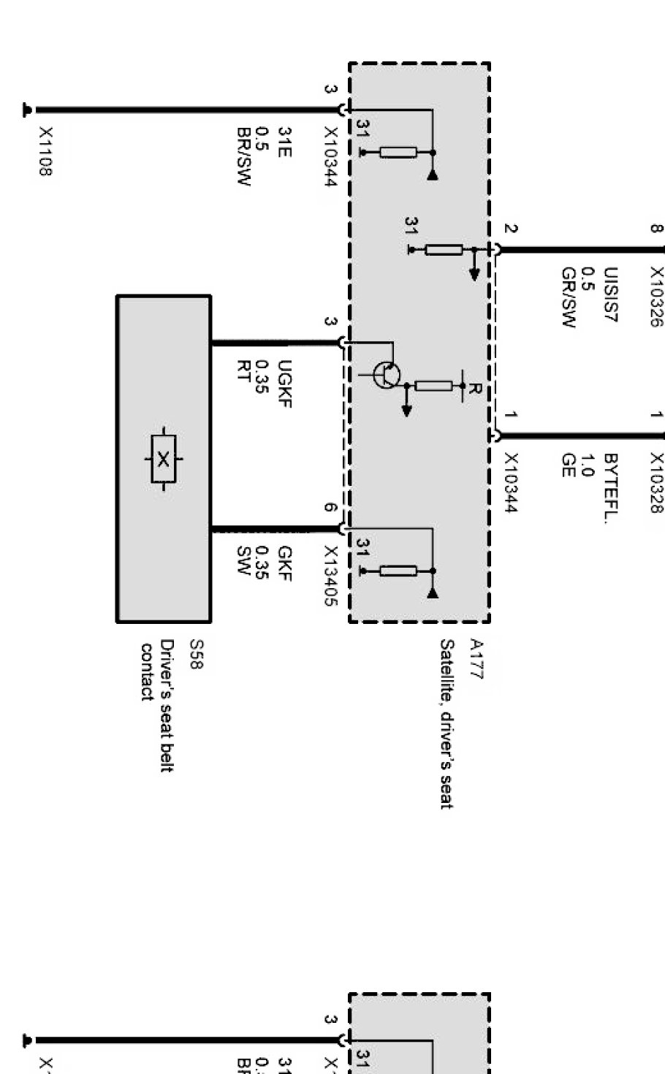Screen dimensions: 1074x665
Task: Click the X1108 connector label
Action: [x=45, y=152]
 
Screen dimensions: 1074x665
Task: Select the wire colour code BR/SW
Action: [x=243, y=157]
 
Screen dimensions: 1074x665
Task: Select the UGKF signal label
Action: [x=284, y=384]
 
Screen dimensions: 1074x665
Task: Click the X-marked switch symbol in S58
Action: [x=164, y=459]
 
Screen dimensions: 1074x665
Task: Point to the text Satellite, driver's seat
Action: [x=446, y=723]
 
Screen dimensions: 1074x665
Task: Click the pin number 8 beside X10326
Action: [x=655, y=228]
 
